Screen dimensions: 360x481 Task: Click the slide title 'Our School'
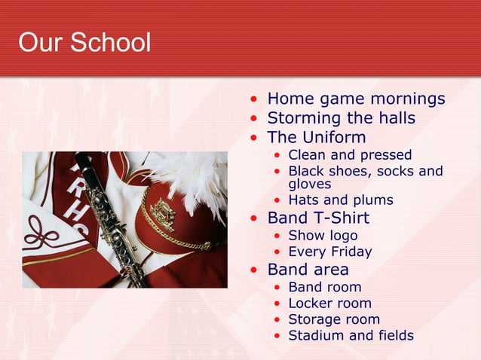[x=84, y=42]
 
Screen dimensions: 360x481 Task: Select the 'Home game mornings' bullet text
[x=356, y=99]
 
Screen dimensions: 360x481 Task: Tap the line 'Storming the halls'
[x=341, y=118]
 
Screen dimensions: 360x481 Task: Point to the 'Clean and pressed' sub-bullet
[x=350, y=155]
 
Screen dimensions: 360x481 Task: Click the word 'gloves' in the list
[x=310, y=184]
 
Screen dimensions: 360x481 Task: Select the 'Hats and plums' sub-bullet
[x=341, y=200]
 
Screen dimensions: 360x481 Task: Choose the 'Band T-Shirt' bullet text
[x=318, y=218]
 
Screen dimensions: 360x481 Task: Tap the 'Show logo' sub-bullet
[x=323, y=236]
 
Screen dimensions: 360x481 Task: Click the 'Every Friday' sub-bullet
[x=329, y=252]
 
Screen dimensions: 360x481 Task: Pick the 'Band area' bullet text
[x=308, y=270]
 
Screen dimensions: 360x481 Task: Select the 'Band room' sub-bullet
[x=324, y=287]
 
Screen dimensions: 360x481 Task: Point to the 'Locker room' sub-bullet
[x=329, y=304]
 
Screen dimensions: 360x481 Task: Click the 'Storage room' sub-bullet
[x=334, y=319]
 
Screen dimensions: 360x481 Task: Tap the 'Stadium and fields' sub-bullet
[x=351, y=336]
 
